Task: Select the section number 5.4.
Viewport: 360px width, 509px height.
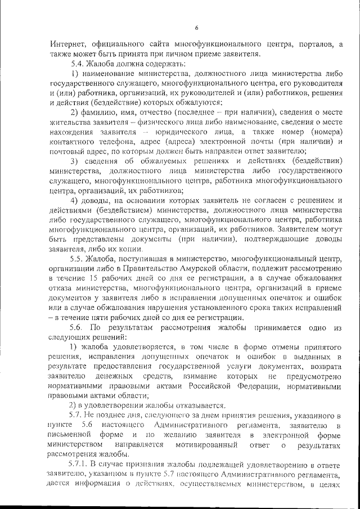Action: [x=77, y=64]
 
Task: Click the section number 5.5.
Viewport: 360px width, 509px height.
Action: [x=77, y=259]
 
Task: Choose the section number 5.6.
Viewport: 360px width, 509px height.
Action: [x=78, y=327]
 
